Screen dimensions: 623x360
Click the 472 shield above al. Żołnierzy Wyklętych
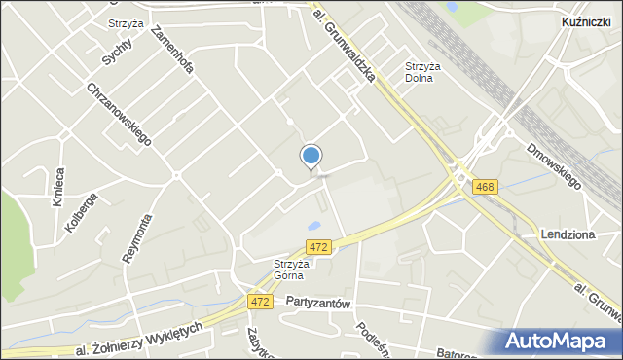[x=259, y=302]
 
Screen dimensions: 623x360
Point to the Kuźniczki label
[x=586, y=20]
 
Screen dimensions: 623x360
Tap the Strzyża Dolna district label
[x=423, y=73]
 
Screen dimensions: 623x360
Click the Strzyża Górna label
[x=290, y=269]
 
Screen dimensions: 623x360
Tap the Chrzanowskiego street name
[x=119, y=114]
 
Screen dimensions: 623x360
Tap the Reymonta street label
[x=135, y=238]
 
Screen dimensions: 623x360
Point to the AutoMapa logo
[x=562, y=341]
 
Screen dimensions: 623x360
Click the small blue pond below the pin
[x=314, y=226]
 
